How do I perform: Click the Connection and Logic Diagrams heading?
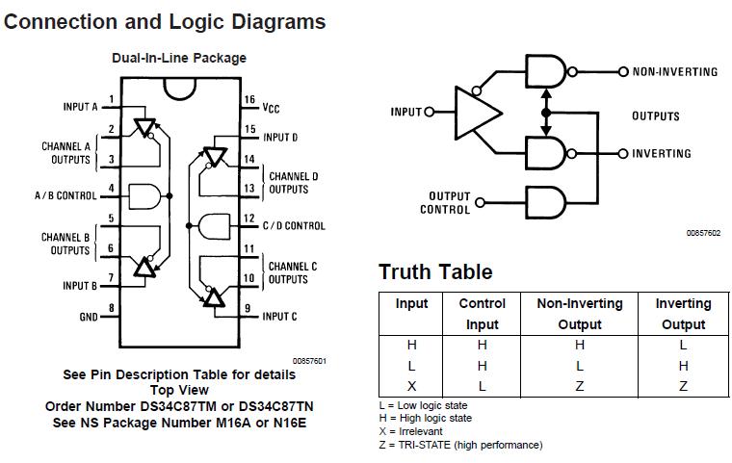pos(165,20)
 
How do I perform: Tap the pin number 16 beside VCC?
pos(248,100)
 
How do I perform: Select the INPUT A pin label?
pos(80,107)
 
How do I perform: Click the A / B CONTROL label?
pos(65,195)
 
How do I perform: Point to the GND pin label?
pos(87,316)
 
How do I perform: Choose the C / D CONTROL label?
pos(294,226)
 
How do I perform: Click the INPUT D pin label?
pos(279,138)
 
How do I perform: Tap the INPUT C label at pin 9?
pos(279,316)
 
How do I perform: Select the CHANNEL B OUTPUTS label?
pos(65,244)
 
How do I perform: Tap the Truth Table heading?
pos(435,271)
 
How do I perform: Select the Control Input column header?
pos(482,314)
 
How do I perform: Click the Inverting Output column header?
pos(683,314)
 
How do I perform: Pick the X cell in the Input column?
pos(412,385)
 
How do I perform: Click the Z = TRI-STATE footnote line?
pos(460,446)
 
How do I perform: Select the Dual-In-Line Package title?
pos(179,58)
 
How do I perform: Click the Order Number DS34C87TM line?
pos(179,406)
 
